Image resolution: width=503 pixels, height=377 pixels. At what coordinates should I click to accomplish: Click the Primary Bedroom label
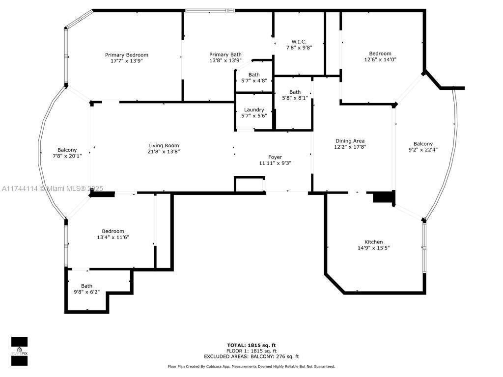(x=127, y=55)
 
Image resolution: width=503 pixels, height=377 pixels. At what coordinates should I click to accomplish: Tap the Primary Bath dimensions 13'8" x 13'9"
(x=225, y=60)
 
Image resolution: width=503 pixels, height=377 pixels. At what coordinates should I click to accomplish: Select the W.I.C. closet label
(x=299, y=42)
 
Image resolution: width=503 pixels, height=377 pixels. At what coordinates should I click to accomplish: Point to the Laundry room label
(x=254, y=109)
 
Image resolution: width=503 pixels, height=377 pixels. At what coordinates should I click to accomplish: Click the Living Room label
(x=164, y=145)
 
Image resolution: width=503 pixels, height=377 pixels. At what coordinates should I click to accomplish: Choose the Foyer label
(x=275, y=157)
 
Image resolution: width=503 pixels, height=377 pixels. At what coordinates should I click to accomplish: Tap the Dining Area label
(x=350, y=141)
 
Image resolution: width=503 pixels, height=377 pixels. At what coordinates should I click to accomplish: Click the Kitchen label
(x=374, y=242)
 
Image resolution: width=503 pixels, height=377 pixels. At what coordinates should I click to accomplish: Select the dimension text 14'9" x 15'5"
(x=374, y=248)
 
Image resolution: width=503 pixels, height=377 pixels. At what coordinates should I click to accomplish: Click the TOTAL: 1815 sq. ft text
(x=251, y=345)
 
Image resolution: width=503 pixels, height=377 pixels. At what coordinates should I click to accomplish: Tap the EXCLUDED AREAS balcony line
(x=251, y=356)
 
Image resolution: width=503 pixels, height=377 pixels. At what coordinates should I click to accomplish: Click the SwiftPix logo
(x=20, y=351)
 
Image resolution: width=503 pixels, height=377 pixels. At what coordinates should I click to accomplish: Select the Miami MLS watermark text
(x=52, y=188)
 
